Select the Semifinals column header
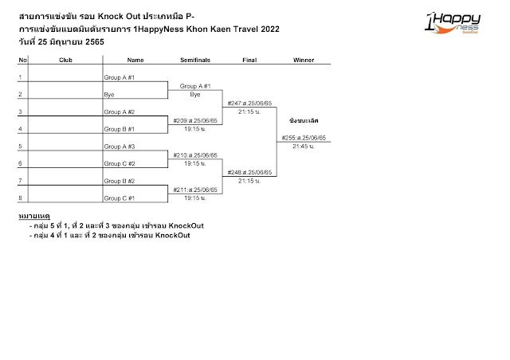click(194, 60)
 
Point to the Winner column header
click(304, 60)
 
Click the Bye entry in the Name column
click(109, 95)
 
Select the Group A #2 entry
click(120, 112)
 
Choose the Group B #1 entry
click(120, 129)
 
